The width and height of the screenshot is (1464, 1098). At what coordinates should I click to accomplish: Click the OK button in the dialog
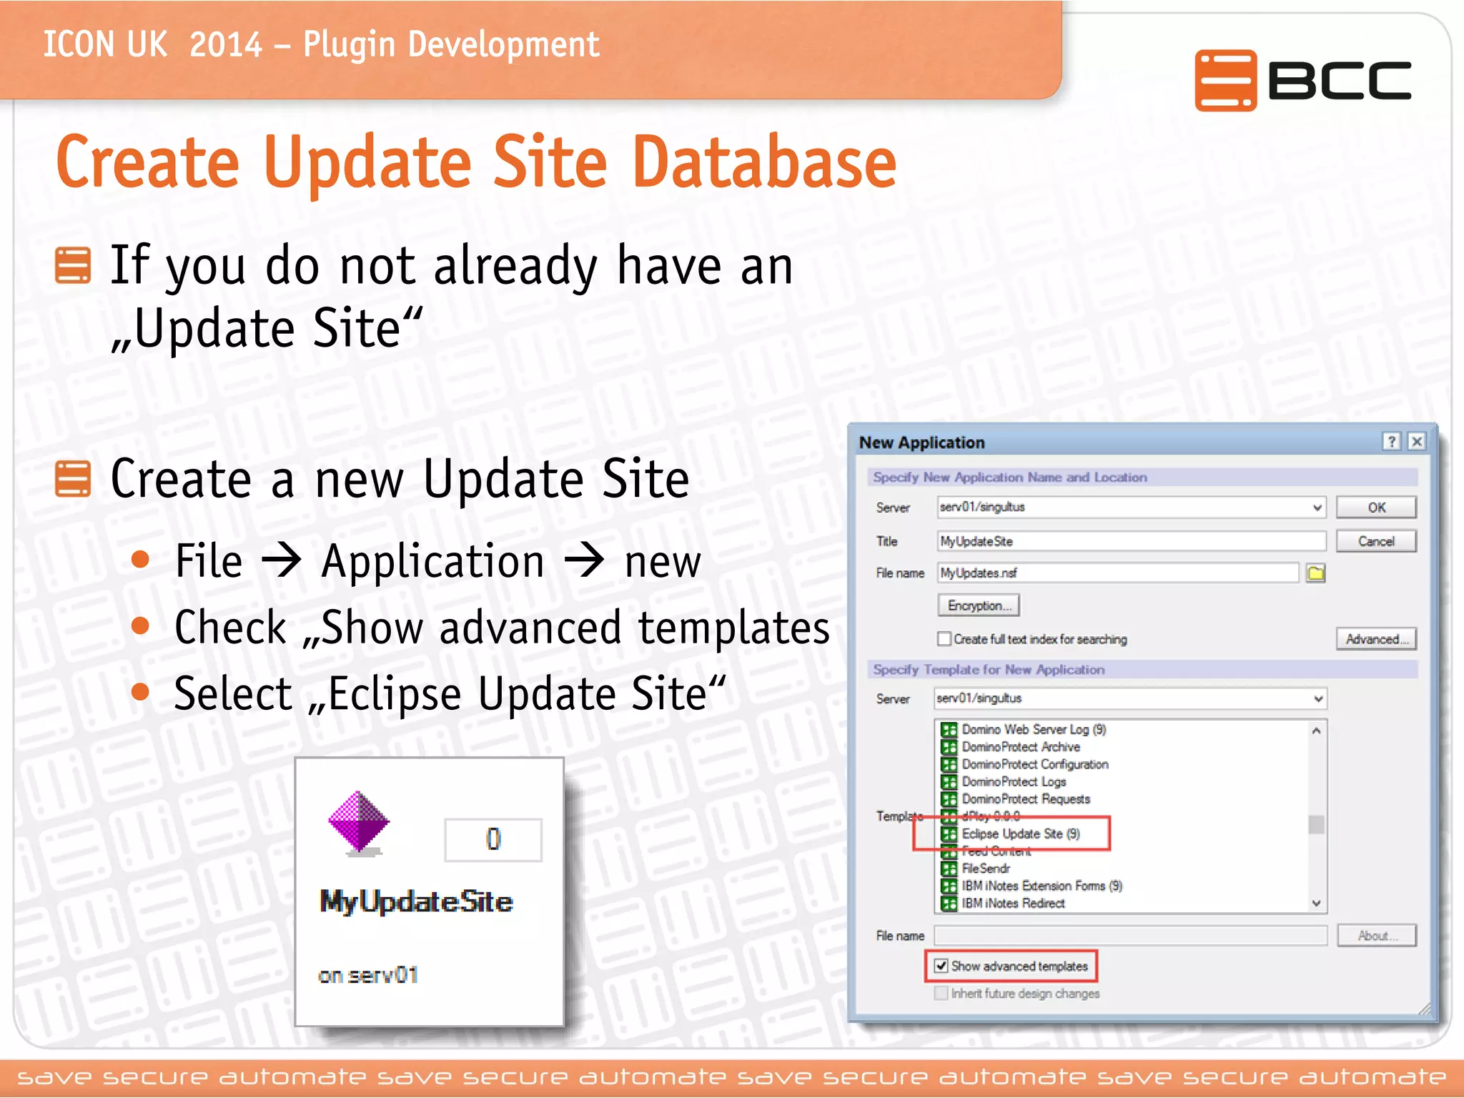1375,508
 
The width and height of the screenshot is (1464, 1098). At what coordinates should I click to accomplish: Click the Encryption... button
978,605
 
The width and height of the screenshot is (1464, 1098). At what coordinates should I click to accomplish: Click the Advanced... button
1375,639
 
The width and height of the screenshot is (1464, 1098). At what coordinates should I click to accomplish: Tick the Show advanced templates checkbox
941,966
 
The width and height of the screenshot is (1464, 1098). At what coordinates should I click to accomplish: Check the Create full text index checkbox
944,639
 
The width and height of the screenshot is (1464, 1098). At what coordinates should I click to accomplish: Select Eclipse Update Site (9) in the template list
1020,834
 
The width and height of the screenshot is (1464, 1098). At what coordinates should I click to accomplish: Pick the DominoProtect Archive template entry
1020,747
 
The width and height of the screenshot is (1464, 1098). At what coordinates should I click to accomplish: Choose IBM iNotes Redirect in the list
1013,904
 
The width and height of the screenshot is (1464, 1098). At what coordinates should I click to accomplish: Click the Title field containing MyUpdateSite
1131,541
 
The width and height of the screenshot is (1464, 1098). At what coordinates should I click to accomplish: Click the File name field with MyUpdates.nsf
1117,573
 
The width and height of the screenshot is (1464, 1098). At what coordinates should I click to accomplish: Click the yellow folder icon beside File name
1315,573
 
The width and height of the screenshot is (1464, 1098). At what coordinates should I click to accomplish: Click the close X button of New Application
1416,442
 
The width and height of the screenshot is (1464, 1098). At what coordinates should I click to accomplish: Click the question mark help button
1391,442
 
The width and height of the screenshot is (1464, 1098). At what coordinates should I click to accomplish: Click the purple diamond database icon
359,822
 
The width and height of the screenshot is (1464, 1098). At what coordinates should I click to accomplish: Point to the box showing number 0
493,839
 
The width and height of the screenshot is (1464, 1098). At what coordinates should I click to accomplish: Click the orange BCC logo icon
1225,80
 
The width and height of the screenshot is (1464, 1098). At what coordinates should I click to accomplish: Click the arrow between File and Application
282,560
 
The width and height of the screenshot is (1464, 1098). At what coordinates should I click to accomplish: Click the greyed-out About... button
1375,936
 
